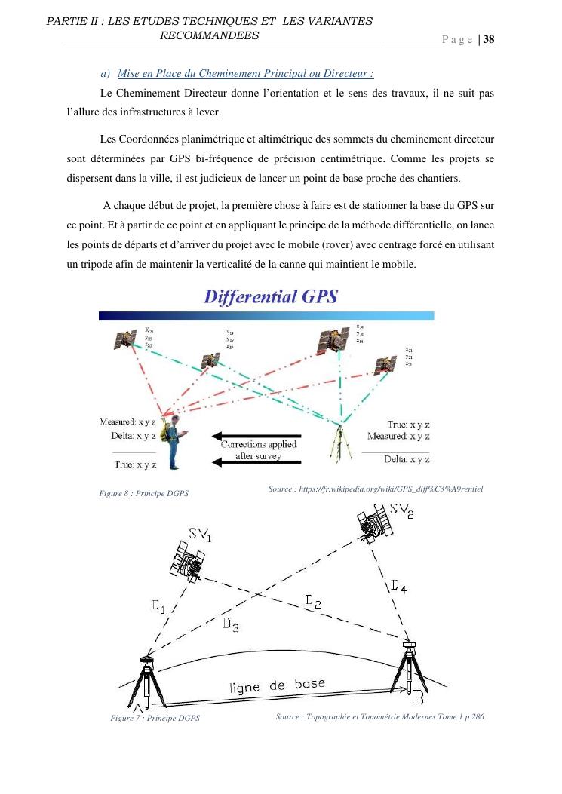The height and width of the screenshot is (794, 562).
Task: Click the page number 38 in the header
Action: [488, 40]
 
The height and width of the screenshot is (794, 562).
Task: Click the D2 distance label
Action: [313, 601]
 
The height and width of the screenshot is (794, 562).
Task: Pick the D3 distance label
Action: [231, 624]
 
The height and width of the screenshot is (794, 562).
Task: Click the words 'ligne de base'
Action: [278, 685]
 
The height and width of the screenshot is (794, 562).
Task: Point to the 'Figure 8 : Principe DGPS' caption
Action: [143, 493]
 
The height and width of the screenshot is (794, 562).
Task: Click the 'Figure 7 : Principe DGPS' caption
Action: [155, 719]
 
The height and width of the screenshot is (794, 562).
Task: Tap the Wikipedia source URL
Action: [375, 489]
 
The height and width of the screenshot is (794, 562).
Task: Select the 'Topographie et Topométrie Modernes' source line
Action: [379, 716]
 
